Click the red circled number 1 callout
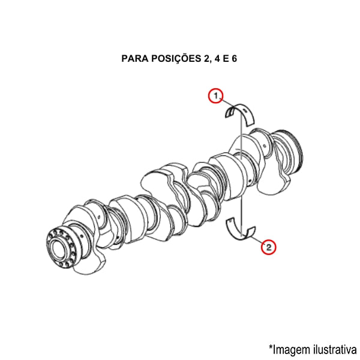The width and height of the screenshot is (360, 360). tap(215, 96)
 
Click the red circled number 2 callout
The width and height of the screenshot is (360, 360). tap(268, 247)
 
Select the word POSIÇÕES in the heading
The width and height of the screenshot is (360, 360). tap(176, 58)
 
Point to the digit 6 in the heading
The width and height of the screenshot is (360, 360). tap(234, 59)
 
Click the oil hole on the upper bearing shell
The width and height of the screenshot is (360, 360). tap(245, 111)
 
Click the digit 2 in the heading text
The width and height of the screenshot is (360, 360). tap(206, 59)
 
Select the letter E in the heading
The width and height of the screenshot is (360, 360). tap(226, 59)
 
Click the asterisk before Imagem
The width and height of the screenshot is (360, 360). tap(271, 346)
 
